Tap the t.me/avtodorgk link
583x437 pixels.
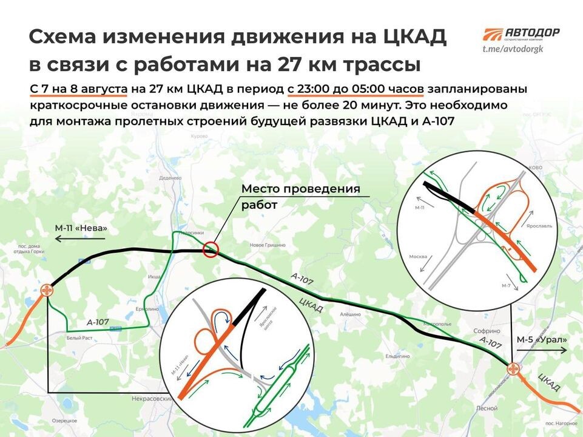tap(513, 48)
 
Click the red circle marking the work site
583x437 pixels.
tap(211, 249)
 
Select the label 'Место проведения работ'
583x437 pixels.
tap(300, 197)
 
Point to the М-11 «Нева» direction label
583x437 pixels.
tap(81, 228)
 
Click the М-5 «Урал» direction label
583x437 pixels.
tap(542, 339)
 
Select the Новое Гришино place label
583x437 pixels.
tap(268, 245)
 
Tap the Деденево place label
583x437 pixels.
tap(170, 178)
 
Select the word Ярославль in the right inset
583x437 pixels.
tap(539, 224)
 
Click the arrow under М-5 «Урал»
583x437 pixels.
tap(542, 351)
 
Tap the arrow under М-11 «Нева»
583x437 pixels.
tap(81, 239)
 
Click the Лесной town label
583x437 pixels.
tap(488, 408)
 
